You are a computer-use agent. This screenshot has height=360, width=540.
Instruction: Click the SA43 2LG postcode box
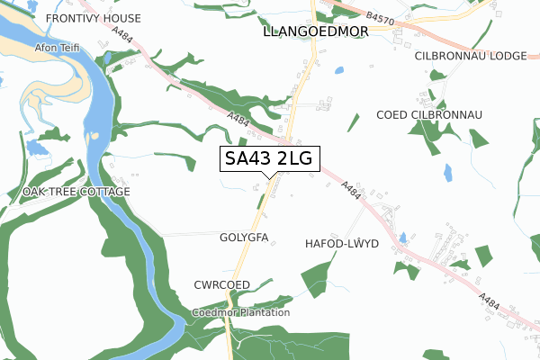[x=268, y=158]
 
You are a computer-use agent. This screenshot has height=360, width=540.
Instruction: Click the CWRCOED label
[x=221, y=284]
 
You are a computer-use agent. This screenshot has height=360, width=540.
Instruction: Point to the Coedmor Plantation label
[x=241, y=312]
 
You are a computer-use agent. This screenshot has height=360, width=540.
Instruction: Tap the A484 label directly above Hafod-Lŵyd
[x=352, y=191]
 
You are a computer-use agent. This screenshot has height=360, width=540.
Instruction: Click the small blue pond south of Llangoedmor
[x=338, y=70]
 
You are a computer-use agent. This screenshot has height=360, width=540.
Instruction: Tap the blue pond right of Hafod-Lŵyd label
[x=402, y=238]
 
